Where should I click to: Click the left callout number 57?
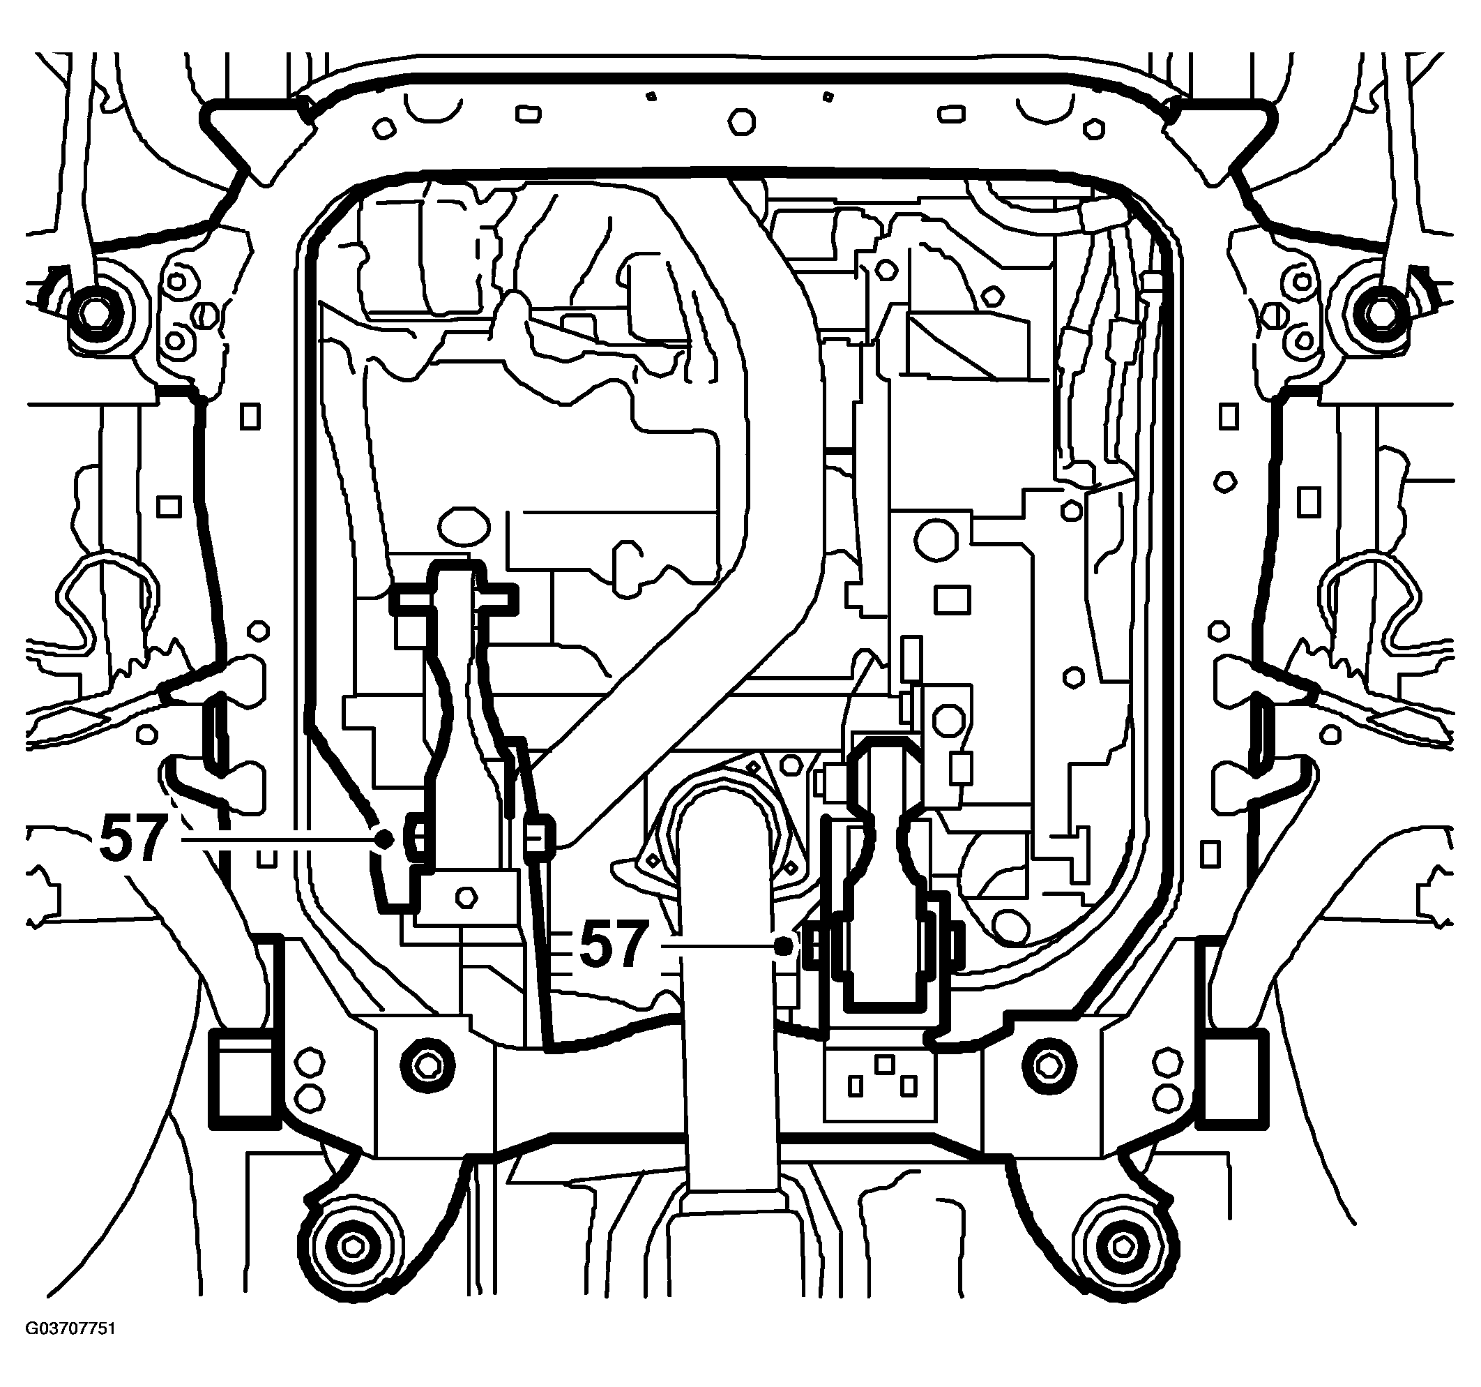point(131,839)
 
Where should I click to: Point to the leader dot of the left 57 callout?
point(385,839)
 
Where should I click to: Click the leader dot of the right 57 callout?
point(783,946)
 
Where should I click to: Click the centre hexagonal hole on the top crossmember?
point(740,121)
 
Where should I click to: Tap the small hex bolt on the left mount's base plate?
point(466,896)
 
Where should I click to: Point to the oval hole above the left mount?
point(464,527)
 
